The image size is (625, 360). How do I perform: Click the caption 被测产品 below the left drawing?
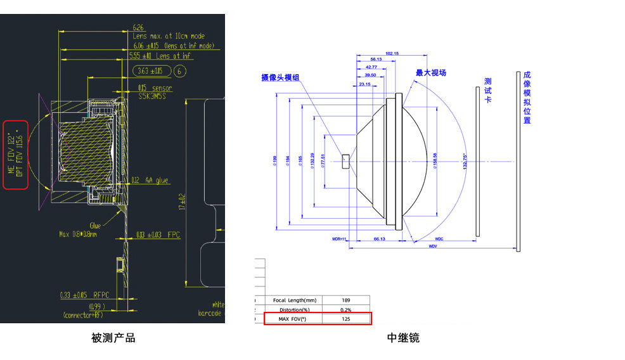pos(113,338)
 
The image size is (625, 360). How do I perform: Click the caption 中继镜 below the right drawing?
pos(403,338)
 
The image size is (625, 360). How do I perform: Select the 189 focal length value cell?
pos(345,300)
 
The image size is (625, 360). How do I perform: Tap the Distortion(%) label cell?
pos(293,309)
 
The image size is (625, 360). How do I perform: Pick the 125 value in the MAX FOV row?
pos(345,319)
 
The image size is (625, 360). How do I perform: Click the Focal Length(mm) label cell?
pos(293,300)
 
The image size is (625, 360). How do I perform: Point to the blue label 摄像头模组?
pos(280,77)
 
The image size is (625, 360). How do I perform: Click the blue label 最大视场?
pos(431,73)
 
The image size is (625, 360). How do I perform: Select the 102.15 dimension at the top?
pos(392,53)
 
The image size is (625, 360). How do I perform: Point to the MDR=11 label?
pos(341,240)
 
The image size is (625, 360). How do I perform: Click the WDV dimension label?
pos(433,246)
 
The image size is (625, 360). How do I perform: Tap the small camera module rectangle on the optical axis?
pos(345,161)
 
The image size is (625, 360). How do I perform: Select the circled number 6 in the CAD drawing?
pos(180,71)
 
